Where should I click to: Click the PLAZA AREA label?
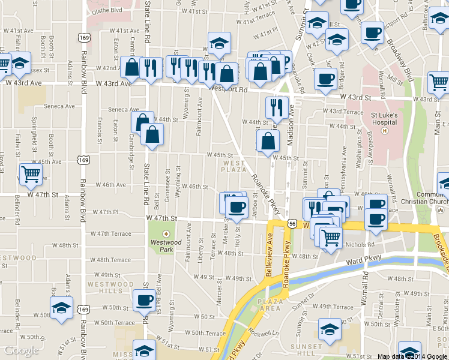[x=269, y=304]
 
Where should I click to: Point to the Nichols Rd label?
[x=360, y=245]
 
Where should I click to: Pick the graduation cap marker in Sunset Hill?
[x=329, y=329]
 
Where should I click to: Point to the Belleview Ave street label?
[x=268, y=256]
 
